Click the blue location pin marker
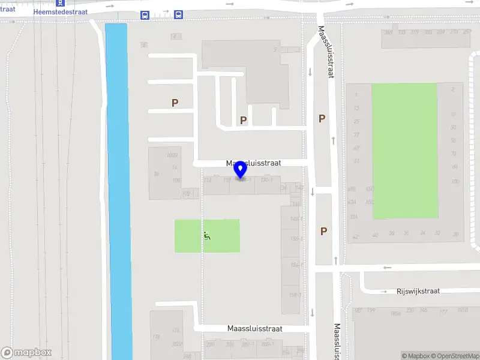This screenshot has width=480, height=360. (241, 170)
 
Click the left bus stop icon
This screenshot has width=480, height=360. (145, 15)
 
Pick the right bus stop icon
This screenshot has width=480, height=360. (179, 15)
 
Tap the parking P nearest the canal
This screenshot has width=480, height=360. (175, 103)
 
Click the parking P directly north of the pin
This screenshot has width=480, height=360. (243, 120)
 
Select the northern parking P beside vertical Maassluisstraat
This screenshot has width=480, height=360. (322, 119)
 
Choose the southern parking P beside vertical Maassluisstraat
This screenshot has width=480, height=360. (323, 231)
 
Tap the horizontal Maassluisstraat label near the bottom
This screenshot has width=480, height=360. (254, 329)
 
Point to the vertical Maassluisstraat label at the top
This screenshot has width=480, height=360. (326, 52)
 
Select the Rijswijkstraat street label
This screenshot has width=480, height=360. (418, 291)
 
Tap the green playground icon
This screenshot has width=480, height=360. (207, 236)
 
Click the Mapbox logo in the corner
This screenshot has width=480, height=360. (26, 353)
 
